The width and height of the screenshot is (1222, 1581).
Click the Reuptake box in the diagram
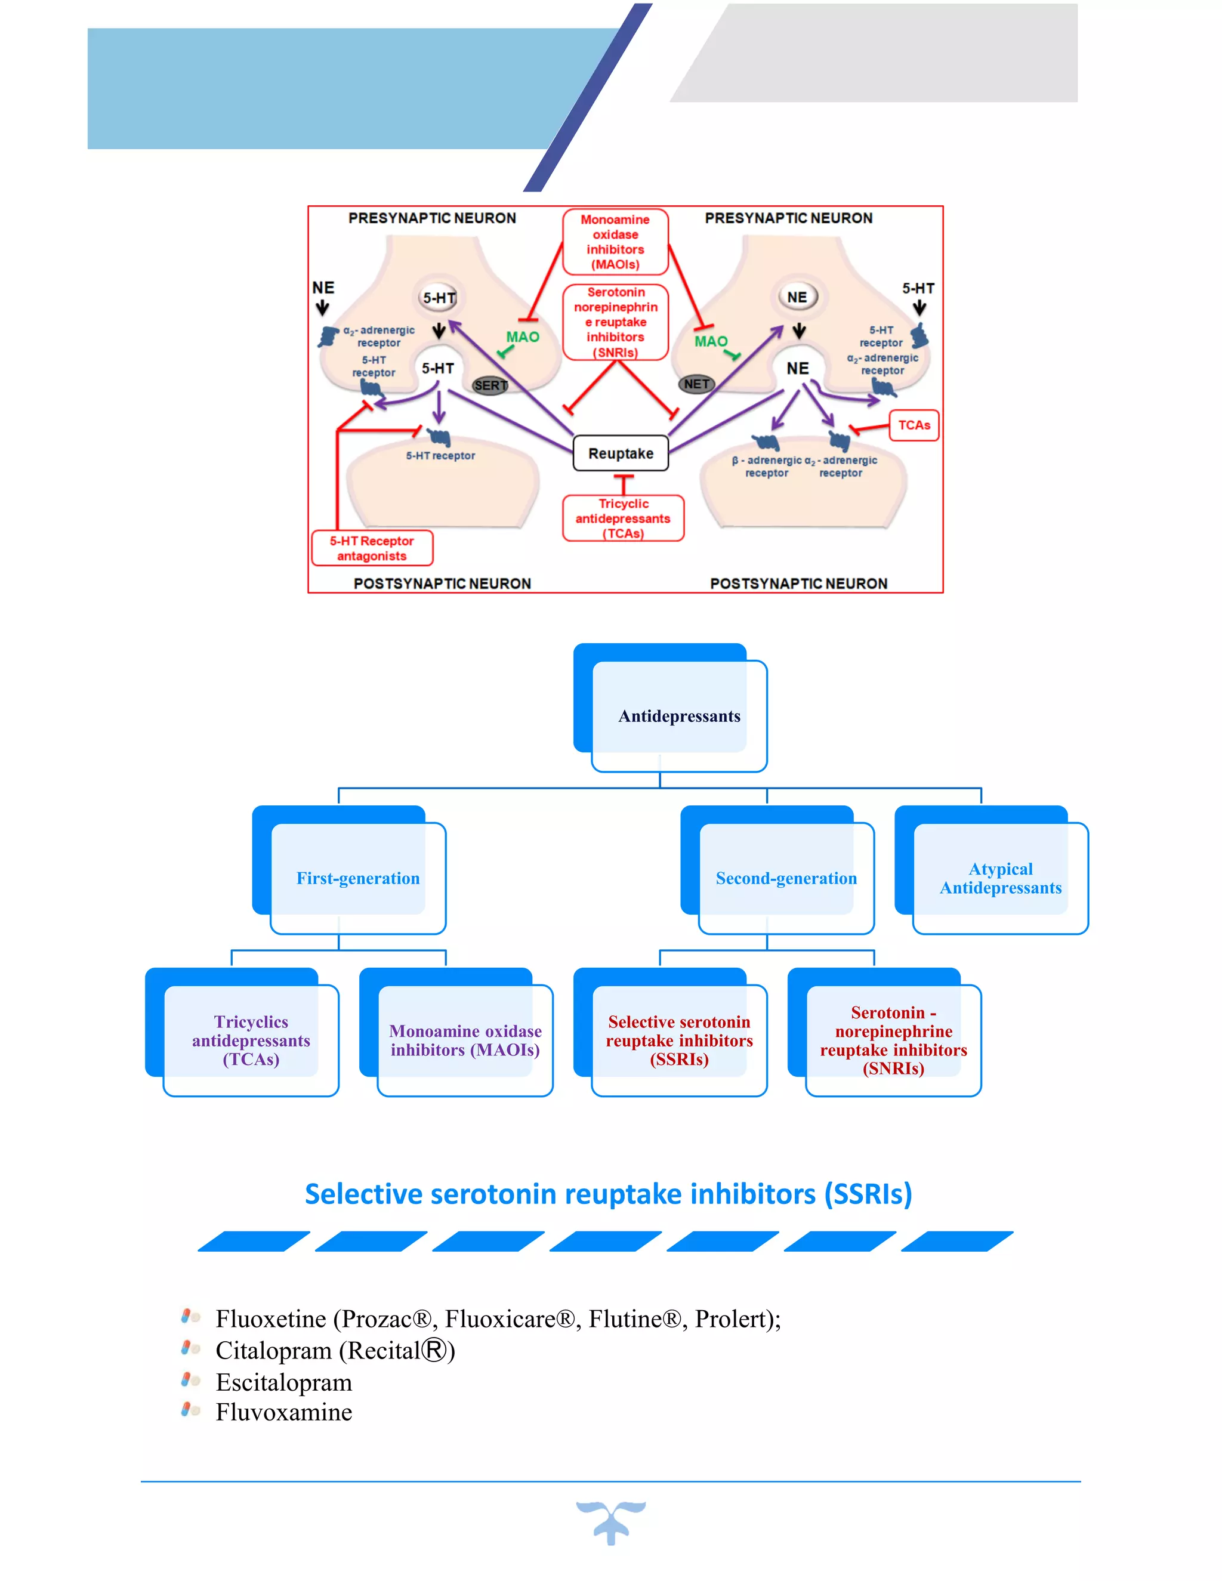pos(621,453)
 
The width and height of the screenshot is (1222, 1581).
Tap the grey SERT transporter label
pos(490,385)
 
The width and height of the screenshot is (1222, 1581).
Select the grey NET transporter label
pos(696,384)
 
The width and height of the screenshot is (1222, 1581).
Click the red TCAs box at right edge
pos(914,425)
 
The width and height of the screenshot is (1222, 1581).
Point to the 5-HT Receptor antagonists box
pos(372,548)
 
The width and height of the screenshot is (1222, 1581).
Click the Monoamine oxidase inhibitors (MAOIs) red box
pos(615,242)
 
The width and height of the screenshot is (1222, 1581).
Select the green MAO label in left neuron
pos(523,336)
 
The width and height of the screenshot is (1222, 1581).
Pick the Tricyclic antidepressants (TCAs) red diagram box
pos(624,518)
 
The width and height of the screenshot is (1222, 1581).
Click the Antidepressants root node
pos(678,716)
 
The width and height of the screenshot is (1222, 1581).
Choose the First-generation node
pos(357,878)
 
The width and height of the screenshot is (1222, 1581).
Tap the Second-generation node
pos(786,878)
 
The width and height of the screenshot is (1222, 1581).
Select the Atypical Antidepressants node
pos(1001,878)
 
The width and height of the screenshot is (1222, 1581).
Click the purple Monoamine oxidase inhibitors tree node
pos(465,1040)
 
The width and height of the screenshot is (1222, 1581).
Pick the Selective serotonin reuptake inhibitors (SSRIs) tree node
pos(678,1040)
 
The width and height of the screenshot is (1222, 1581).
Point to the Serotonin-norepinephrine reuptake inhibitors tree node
pos(893,1040)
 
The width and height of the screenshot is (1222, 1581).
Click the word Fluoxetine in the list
pos(271,1319)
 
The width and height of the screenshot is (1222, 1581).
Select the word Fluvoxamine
pos(284,1412)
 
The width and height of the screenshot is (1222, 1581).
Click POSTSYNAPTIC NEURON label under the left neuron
pos(442,583)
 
